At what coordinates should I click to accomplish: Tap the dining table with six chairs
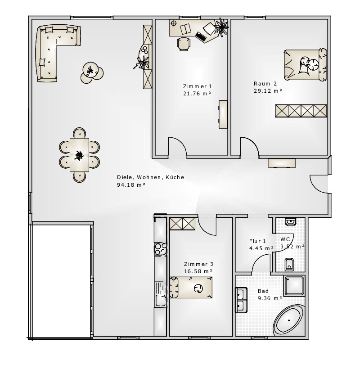pyautogui.click(x=79, y=155)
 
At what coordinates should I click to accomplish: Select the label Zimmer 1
pyautogui.click(x=197, y=86)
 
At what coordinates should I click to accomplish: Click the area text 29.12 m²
pyautogui.click(x=268, y=91)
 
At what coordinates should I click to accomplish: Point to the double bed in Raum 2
pyautogui.click(x=305, y=64)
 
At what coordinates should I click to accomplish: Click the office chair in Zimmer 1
pyautogui.click(x=184, y=44)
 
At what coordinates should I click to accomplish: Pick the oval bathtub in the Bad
pyautogui.click(x=289, y=320)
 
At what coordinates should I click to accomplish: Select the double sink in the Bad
pyautogui.click(x=241, y=300)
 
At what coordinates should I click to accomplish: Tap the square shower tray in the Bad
pyautogui.click(x=294, y=286)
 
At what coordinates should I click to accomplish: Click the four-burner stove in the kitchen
pyautogui.click(x=160, y=249)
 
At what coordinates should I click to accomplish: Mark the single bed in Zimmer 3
pyautogui.click(x=191, y=288)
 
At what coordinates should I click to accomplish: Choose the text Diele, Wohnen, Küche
pyautogui.click(x=150, y=177)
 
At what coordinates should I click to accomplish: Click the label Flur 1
pyautogui.click(x=257, y=241)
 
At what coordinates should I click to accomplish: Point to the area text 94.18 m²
pyautogui.click(x=131, y=185)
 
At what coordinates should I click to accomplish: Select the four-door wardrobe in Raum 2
pyautogui.click(x=301, y=111)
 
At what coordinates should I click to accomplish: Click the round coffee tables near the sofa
pyautogui.click(x=92, y=72)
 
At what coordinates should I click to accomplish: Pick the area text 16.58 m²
pyautogui.click(x=198, y=271)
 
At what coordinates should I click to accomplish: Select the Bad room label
pyautogui.click(x=263, y=291)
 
